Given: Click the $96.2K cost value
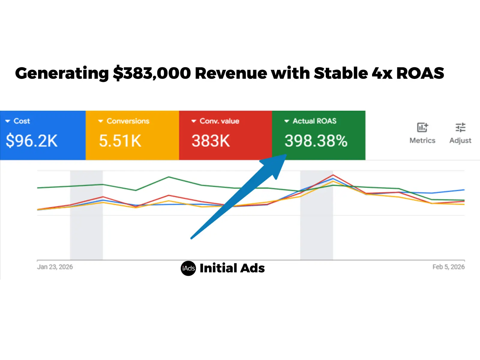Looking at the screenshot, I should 31,141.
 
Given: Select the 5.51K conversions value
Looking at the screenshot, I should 120,141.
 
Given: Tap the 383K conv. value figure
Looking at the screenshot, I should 211,141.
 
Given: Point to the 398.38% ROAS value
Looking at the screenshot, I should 316,141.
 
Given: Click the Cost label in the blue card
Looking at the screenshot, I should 22,121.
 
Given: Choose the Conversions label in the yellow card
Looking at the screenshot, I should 128,121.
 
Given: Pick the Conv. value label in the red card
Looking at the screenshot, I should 219,121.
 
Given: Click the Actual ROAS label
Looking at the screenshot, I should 314,121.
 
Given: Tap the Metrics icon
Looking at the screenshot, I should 422,127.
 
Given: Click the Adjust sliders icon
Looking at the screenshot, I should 460,127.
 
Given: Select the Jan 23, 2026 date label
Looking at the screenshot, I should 55,267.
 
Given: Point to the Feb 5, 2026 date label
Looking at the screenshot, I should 448,267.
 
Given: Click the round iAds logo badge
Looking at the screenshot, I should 188,268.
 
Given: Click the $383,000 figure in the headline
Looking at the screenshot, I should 152,73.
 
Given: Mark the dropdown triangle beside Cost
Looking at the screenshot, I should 8,121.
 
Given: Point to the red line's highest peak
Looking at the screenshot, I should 333,175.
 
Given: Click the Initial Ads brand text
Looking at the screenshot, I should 232,268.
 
